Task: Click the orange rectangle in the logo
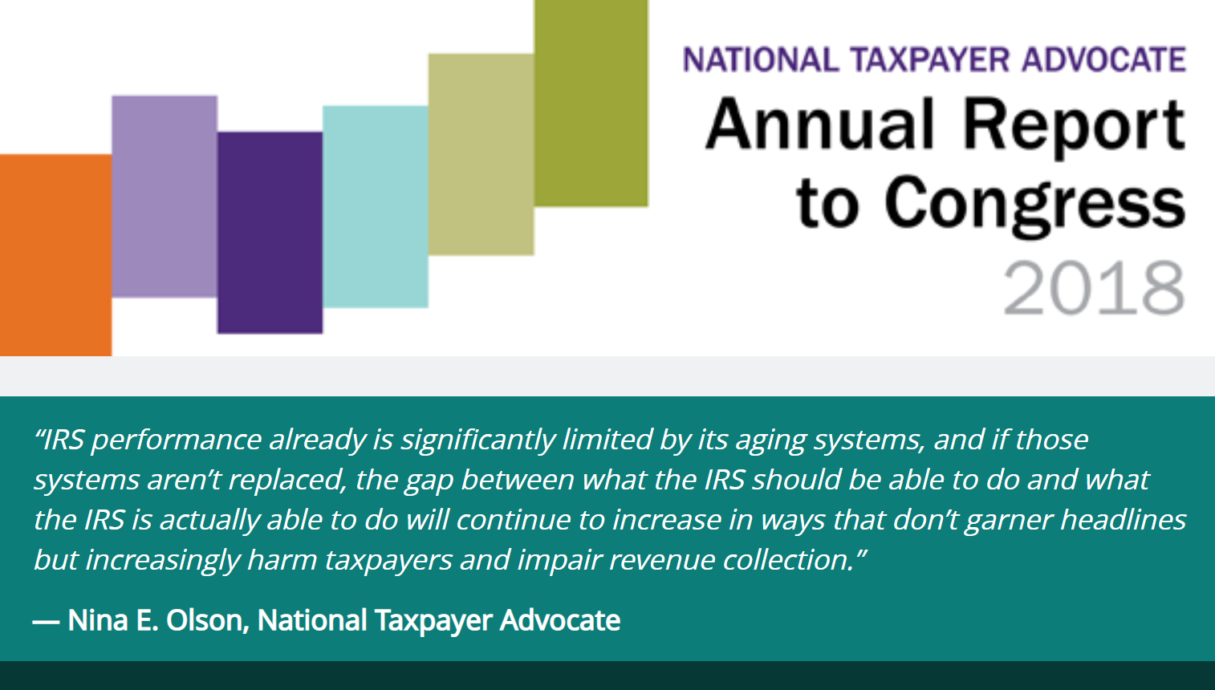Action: click(55, 254)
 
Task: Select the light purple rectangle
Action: click(164, 196)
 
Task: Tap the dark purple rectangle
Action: click(270, 233)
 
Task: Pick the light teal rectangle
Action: click(376, 206)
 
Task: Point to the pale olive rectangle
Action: click(481, 154)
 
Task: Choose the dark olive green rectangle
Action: click(591, 103)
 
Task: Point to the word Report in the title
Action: click(1073, 127)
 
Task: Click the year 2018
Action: click(1093, 288)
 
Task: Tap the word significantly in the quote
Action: click(477, 440)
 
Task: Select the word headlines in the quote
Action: click(1123, 520)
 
